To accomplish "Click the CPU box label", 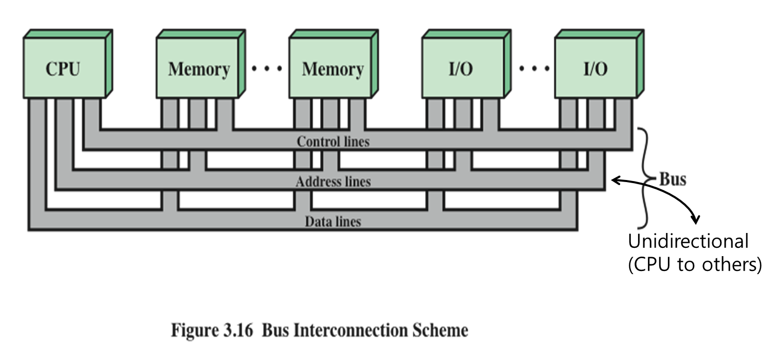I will point(63,69).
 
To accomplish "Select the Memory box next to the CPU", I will point(199,69).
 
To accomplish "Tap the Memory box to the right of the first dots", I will point(332,69).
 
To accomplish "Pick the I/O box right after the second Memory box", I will point(461,69).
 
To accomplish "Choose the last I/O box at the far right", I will point(595,69).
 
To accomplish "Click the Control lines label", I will point(333,141).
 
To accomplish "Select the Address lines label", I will point(333,182).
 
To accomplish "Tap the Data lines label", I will point(333,222).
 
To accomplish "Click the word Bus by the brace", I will point(673,179).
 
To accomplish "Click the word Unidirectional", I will point(688,241).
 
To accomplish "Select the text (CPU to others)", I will point(694,264).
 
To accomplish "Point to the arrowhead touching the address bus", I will point(615,180).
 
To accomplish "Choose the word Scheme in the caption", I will point(441,330).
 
